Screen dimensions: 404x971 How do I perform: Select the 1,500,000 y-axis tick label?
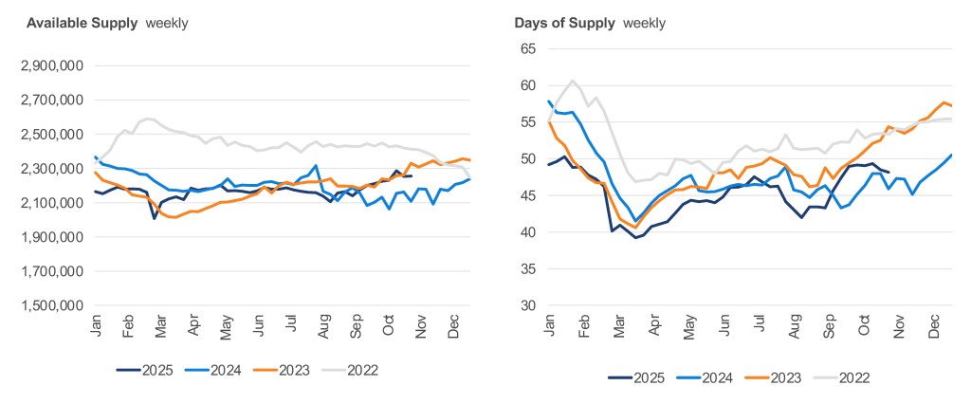click(x=52, y=305)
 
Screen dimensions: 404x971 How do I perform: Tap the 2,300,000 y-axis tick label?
click(x=52, y=169)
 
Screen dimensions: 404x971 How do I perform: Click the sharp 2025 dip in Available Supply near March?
click(x=155, y=218)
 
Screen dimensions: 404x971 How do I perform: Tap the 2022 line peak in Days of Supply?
click(x=574, y=81)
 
